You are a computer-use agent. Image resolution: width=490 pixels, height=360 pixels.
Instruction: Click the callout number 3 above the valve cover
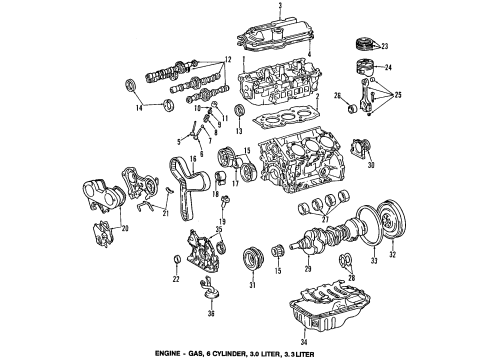click(x=280, y=7)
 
